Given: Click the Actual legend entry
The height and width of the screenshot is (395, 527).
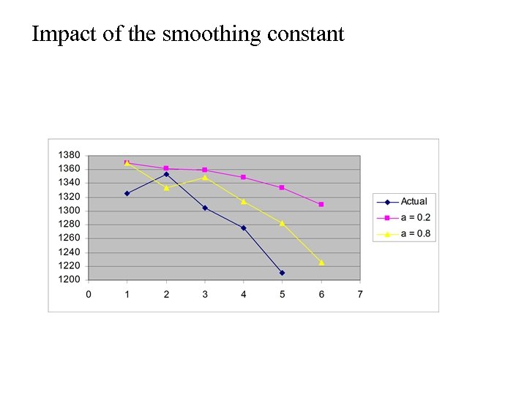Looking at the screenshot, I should point(414,201).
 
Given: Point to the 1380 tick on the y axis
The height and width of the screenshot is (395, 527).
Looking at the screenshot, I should point(69,155).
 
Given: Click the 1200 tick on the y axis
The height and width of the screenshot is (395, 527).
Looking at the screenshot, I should point(69,279).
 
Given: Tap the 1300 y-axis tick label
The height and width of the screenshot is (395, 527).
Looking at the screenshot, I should point(69,211).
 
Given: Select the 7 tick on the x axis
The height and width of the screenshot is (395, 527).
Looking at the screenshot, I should point(360,294).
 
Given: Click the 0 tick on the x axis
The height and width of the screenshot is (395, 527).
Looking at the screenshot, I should point(89,294).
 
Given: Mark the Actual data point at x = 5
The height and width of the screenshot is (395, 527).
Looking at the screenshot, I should point(282,273).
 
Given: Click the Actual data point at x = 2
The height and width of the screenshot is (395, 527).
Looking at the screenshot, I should point(166,174).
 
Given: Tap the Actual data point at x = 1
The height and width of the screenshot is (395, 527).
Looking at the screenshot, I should point(127,193).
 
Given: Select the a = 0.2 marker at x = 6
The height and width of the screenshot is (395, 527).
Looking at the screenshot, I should point(321,204).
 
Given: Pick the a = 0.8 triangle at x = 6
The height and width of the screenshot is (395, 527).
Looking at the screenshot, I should point(321,262).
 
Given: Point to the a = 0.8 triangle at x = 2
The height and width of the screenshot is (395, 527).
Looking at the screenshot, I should point(166,188).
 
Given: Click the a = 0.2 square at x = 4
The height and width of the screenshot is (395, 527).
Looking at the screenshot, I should point(244,177).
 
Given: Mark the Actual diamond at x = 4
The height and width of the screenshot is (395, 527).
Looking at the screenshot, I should point(244,227).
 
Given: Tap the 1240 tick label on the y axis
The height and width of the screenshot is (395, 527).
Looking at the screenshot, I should point(69,252).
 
